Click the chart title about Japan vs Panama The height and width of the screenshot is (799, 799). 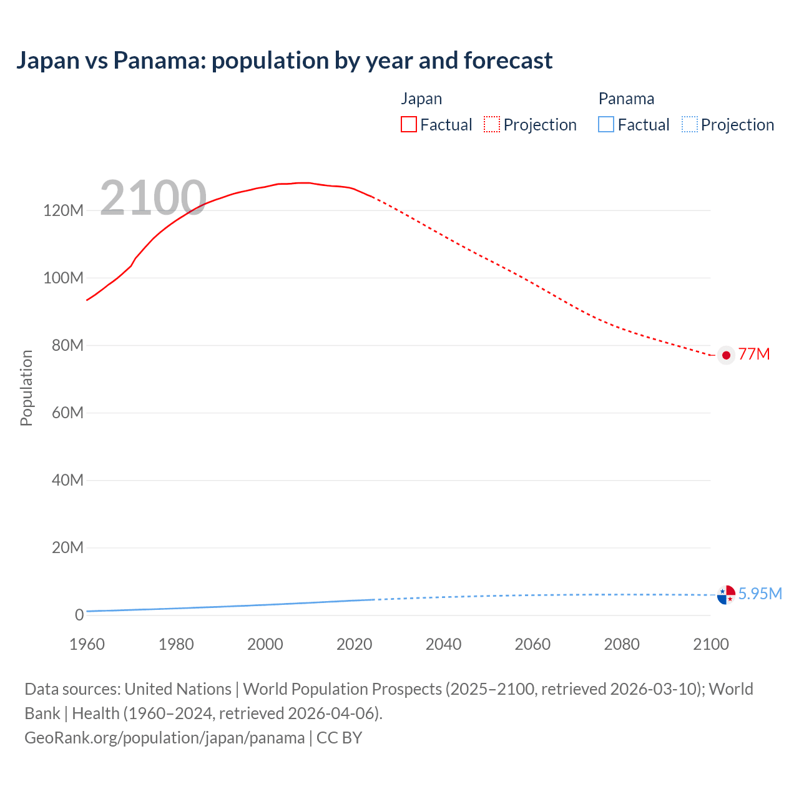(284, 61)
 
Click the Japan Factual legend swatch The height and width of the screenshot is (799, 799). (408, 124)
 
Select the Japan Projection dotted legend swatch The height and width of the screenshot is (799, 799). (492, 124)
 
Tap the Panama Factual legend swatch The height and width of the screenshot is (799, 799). (605, 124)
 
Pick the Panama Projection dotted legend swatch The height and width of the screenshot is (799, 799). (689, 124)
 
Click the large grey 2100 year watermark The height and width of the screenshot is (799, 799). (153, 198)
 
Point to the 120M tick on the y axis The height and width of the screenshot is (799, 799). (63, 210)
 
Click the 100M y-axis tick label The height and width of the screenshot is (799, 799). (63, 278)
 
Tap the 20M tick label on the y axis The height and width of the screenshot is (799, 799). (67, 547)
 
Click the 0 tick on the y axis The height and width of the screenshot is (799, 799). (79, 615)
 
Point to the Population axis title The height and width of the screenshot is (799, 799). (26, 388)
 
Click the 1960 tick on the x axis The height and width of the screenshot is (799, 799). (87, 644)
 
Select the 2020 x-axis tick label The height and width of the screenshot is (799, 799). (354, 644)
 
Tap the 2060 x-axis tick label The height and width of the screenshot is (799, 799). (532, 644)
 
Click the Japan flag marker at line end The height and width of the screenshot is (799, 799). (726, 355)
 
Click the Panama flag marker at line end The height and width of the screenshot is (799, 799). (726, 595)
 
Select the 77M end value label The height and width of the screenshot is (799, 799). (754, 354)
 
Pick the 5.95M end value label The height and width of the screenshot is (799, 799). (760, 594)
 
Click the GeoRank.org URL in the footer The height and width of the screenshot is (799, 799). (164, 737)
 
